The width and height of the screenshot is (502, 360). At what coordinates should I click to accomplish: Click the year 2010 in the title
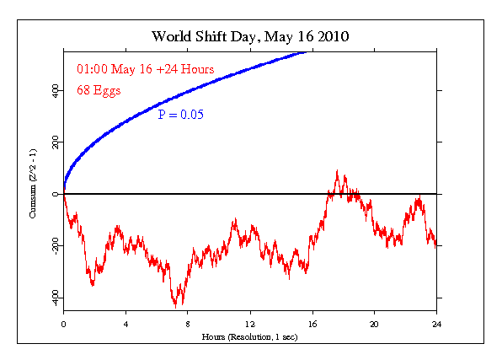click(328, 37)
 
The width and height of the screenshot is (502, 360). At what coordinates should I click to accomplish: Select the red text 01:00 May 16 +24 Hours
click(145, 68)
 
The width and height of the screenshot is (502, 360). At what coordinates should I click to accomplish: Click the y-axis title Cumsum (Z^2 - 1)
click(33, 193)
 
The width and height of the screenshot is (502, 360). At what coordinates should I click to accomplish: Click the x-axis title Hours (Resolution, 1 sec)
click(249, 336)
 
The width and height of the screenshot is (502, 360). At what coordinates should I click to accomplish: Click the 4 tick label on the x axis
click(125, 324)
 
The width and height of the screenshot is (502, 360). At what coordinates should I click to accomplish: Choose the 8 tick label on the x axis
click(188, 324)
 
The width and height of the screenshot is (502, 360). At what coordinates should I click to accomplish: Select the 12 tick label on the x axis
click(250, 324)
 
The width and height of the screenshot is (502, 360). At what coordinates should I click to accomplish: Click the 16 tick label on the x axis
click(312, 324)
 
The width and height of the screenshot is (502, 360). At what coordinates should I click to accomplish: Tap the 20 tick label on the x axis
click(374, 324)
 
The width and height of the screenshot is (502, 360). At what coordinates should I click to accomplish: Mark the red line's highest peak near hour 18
click(337, 171)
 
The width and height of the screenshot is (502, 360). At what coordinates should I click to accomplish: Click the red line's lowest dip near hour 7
click(176, 306)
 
